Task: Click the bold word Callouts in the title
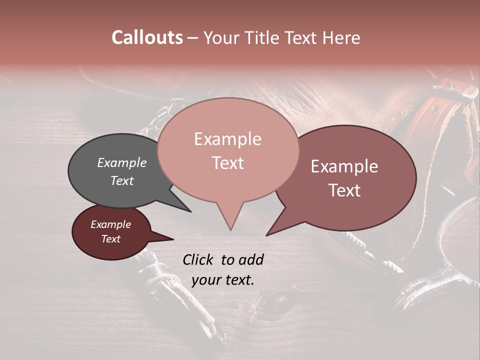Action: [x=147, y=37]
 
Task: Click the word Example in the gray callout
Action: [x=121, y=162]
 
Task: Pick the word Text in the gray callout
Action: [x=121, y=180]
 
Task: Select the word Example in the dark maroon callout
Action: [x=110, y=224]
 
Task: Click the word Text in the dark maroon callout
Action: [x=110, y=239]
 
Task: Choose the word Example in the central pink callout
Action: [x=227, y=139]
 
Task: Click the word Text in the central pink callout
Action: [x=227, y=163]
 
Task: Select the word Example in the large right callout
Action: [x=344, y=166]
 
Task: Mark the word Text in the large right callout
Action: [x=344, y=190]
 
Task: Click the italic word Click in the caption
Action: [x=199, y=259]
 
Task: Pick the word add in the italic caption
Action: [x=251, y=259]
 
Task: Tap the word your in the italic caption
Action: [x=206, y=280]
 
